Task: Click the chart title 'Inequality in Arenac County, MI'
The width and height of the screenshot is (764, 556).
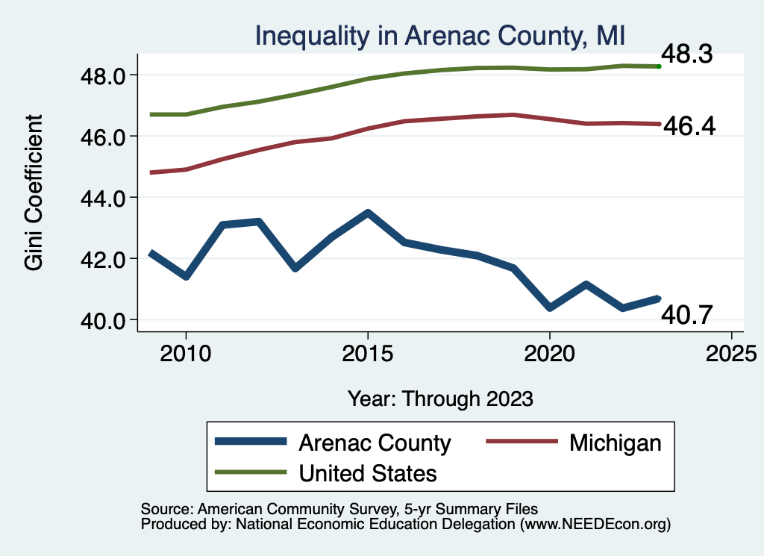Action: [439, 36]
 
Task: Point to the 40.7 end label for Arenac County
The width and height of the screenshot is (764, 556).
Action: [687, 316]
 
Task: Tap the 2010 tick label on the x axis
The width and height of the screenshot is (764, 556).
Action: [186, 352]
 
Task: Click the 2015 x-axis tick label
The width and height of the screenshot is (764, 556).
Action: [367, 352]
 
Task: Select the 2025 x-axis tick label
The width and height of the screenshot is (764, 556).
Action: [731, 352]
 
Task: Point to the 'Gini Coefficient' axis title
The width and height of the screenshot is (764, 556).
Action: [34, 193]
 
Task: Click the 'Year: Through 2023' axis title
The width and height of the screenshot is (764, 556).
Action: [440, 399]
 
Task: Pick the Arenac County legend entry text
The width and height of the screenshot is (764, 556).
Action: [375, 443]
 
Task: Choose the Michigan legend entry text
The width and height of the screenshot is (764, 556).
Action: [615, 443]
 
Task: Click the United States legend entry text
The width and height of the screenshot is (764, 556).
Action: [368, 472]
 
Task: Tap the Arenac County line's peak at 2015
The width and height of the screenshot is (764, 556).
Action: [367, 213]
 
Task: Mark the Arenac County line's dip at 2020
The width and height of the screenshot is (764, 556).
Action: [550, 307]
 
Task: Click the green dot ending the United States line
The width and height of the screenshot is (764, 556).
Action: [659, 66]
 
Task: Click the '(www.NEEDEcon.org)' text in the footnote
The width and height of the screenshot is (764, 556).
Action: [595, 525]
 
